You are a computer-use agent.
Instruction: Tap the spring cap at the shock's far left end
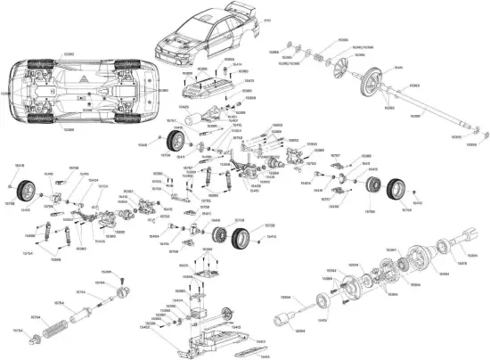tap(36, 339)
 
